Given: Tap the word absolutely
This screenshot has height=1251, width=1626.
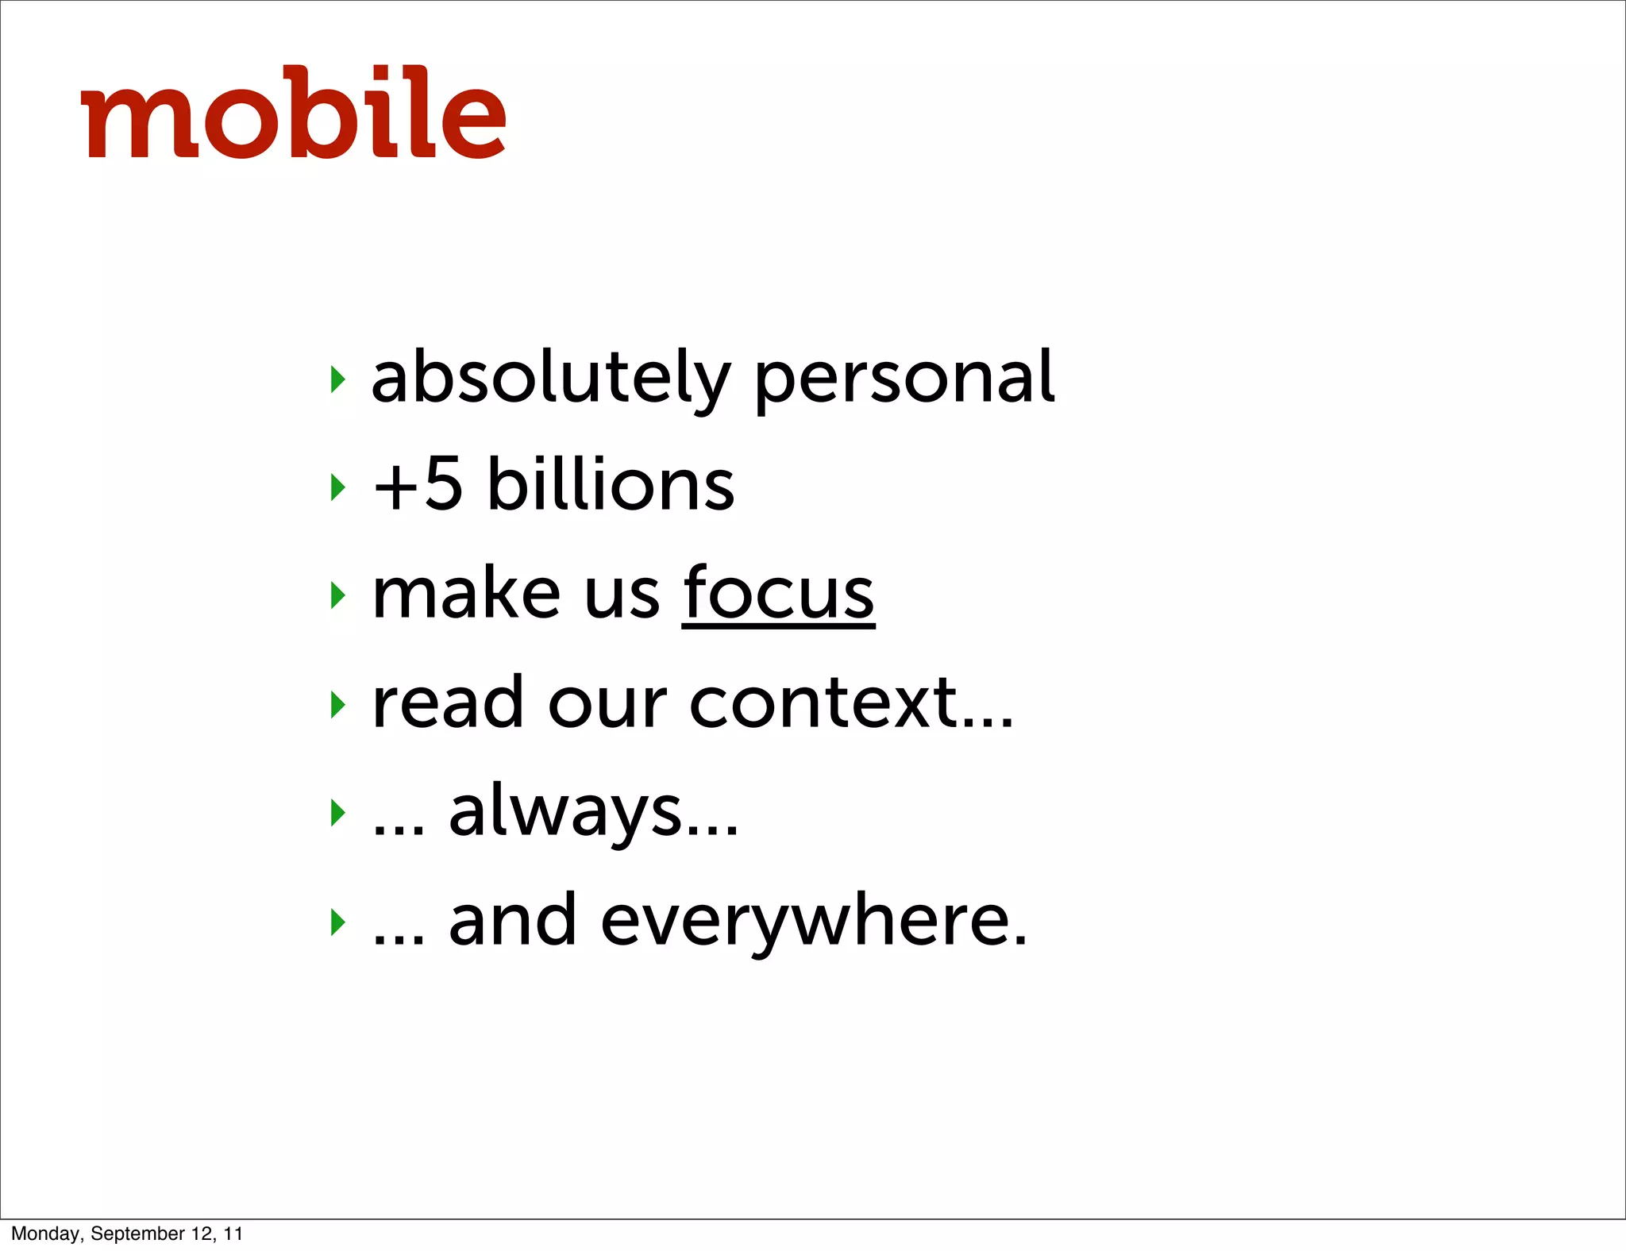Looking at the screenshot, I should [549, 379].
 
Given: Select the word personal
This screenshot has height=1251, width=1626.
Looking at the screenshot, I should [904, 379].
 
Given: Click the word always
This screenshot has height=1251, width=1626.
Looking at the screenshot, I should [566, 812].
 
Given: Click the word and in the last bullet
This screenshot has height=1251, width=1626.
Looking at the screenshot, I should [512, 921].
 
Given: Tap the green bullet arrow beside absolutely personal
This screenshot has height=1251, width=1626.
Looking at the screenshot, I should [338, 379].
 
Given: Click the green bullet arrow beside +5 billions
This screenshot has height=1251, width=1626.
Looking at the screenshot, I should [338, 487].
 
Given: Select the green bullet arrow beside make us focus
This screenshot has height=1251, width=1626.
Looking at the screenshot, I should [338, 595].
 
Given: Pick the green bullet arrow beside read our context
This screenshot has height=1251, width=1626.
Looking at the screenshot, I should [338, 704].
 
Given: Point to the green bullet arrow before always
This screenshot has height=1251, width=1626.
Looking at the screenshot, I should [338, 812].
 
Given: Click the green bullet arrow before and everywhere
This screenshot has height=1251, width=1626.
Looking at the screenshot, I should [338, 922].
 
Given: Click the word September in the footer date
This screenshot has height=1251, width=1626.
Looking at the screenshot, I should [137, 1234].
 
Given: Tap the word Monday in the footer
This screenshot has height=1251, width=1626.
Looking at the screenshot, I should [46, 1234].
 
